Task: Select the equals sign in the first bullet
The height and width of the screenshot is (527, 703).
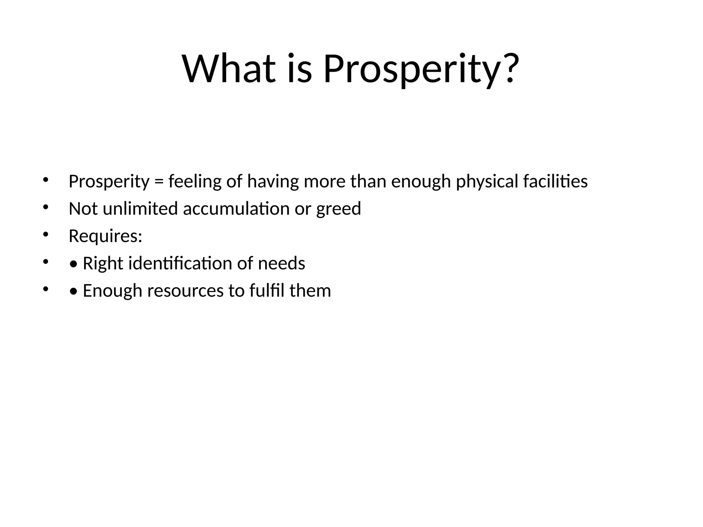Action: [x=159, y=181]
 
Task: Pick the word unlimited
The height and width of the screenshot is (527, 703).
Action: [x=140, y=209]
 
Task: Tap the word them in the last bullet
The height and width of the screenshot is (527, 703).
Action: [x=310, y=291]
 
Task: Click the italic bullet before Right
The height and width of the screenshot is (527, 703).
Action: [x=73, y=264]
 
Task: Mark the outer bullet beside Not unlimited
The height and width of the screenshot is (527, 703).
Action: [x=46, y=207]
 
